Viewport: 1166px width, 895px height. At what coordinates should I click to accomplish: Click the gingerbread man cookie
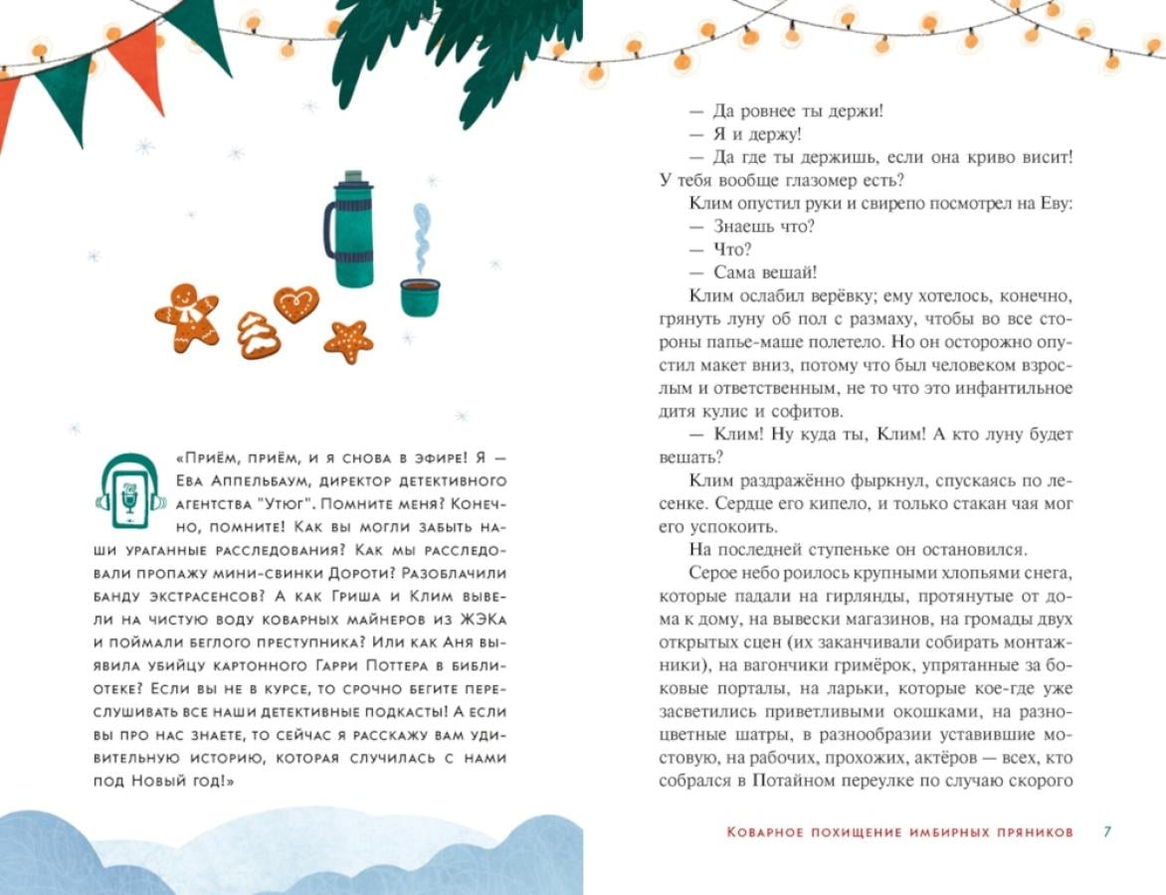[x=187, y=315]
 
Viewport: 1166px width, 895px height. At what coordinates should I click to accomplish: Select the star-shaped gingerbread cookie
[x=348, y=341]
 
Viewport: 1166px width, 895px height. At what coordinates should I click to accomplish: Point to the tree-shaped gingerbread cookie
[x=257, y=335]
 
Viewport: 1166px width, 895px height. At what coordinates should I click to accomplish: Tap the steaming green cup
[x=420, y=296]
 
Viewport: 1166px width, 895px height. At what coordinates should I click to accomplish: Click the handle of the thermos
[x=329, y=231]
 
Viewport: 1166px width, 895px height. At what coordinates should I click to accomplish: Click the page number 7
[x=1107, y=831]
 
